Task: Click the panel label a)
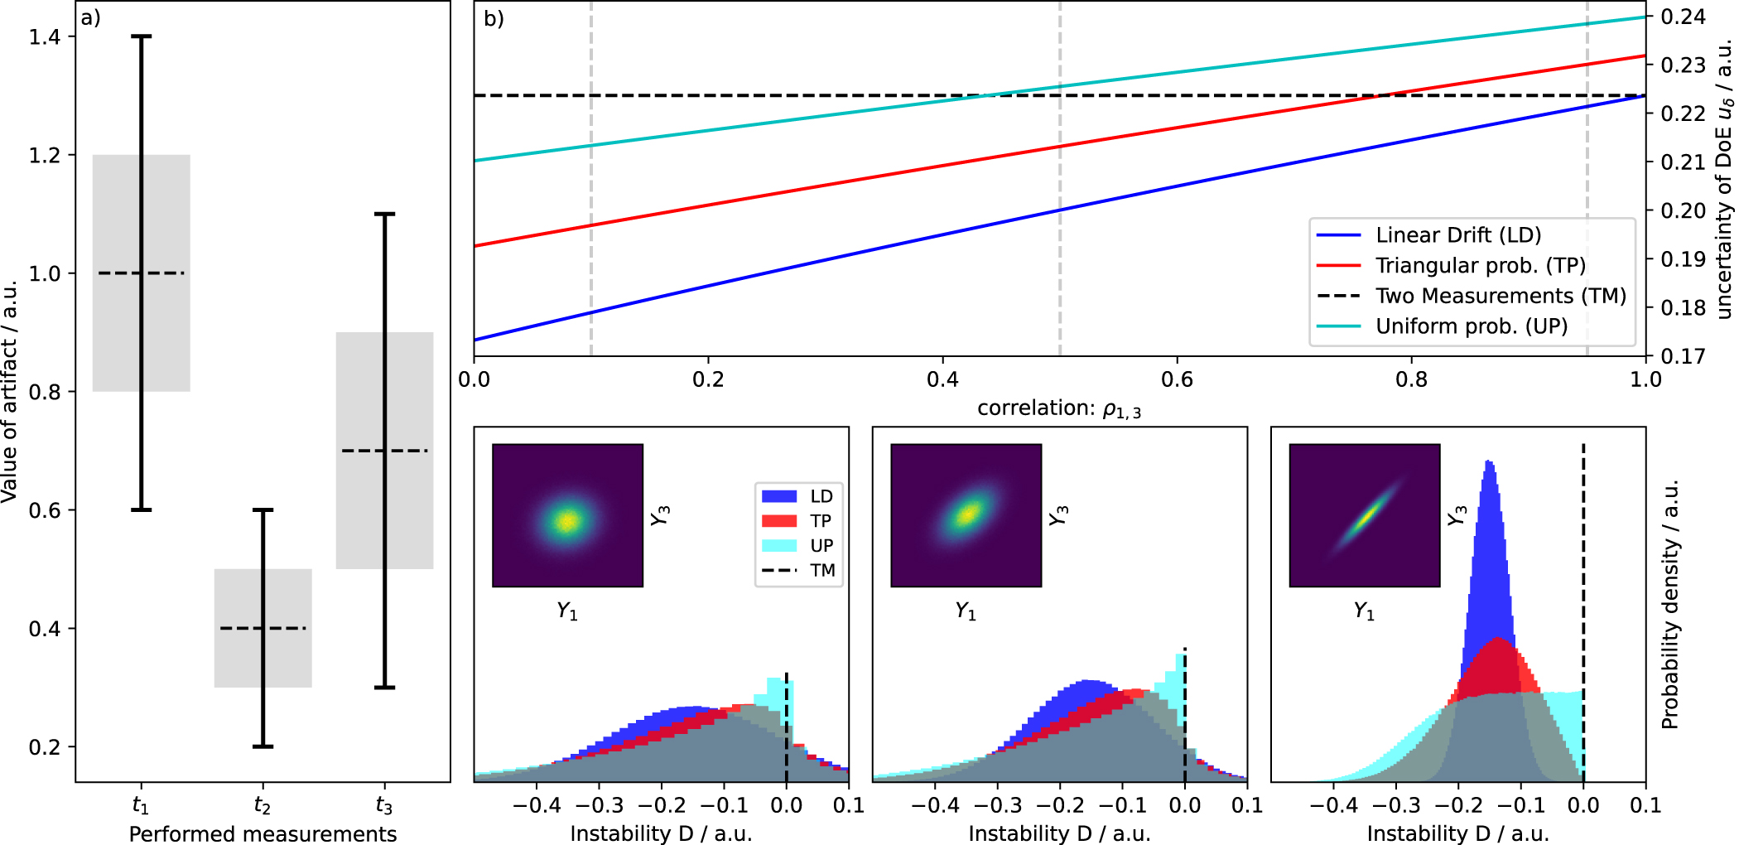point(90,18)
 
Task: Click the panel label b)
point(494,18)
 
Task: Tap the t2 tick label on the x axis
point(262,805)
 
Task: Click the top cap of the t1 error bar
point(142,36)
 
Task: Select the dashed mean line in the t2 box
point(263,628)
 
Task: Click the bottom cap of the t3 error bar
point(384,687)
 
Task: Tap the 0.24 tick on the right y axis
point(1684,17)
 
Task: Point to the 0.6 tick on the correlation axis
point(1177,379)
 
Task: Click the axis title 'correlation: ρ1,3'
point(1058,408)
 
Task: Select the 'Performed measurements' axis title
point(263,833)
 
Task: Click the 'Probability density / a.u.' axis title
point(1669,604)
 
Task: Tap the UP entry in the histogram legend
point(821,545)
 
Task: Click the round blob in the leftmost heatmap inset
point(567,521)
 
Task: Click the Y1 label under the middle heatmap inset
point(966,611)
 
